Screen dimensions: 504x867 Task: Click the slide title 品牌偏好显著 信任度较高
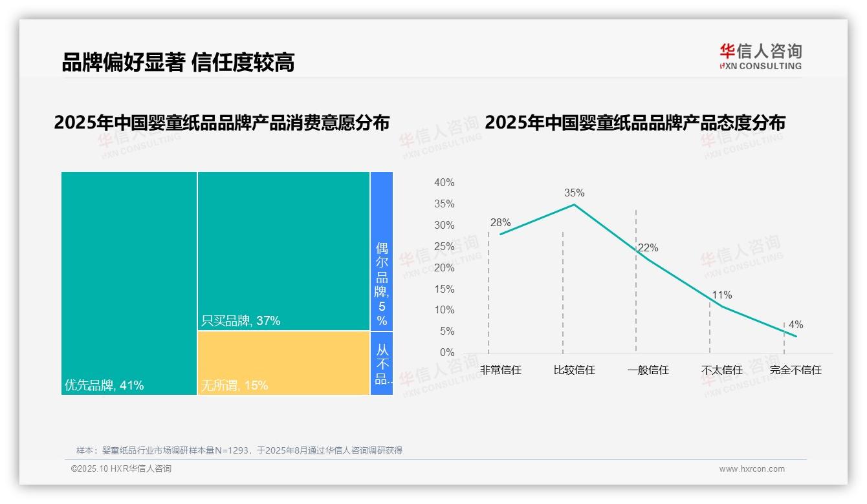click(178, 62)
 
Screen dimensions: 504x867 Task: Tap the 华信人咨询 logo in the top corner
click(760, 56)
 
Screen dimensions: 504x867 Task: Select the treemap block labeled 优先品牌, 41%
click(129, 283)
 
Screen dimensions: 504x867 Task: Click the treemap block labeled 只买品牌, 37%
click(283, 251)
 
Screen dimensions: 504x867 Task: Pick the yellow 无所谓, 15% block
click(283, 363)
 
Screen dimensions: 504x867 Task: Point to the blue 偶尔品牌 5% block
click(382, 251)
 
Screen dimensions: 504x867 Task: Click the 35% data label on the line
click(574, 193)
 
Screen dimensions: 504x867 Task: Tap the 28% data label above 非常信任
click(500, 223)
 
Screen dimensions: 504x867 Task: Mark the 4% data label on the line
click(796, 325)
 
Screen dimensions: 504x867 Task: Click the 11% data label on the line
click(722, 295)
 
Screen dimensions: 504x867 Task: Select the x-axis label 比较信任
click(574, 370)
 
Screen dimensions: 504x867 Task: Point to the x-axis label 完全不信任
click(795, 370)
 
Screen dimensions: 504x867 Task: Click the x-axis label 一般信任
click(648, 370)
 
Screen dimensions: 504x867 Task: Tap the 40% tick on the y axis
click(444, 183)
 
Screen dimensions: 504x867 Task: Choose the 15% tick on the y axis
click(444, 289)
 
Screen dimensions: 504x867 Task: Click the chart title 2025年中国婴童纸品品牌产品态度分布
click(635, 123)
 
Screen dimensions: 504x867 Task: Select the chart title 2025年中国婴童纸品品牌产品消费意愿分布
click(222, 123)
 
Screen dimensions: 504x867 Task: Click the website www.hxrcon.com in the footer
click(752, 469)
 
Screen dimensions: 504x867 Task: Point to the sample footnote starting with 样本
click(239, 450)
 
